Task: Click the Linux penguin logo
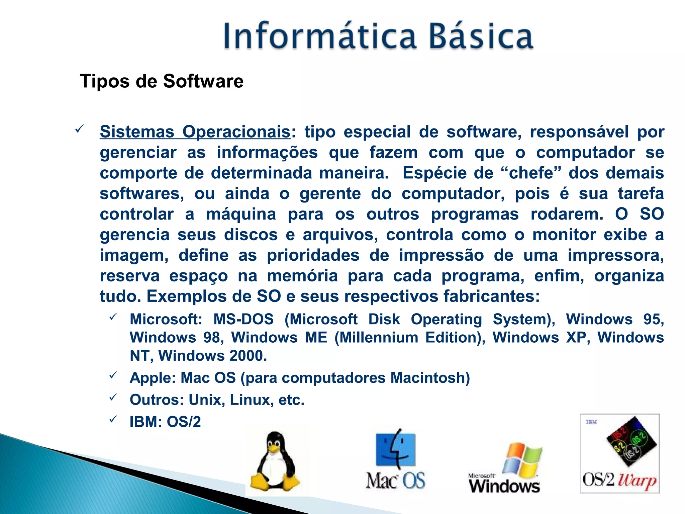(x=275, y=461)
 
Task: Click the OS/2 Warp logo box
(x=620, y=453)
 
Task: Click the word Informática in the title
(x=319, y=36)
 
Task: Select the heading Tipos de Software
(x=162, y=81)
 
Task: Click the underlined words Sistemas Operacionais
(x=195, y=132)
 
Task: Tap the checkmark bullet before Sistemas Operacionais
(x=79, y=129)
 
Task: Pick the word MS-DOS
(x=243, y=319)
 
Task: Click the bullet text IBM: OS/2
(x=165, y=422)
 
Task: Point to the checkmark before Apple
(x=113, y=375)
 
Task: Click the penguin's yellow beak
(x=274, y=448)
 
